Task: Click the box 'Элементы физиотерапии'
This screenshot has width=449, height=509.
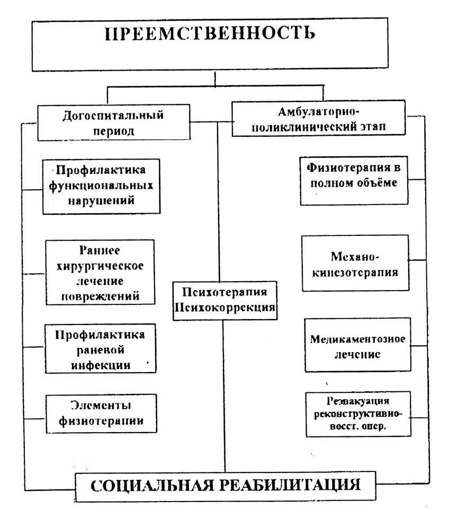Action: [x=101, y=414]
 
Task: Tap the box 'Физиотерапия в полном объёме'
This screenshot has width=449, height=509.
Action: [x=354, y=180]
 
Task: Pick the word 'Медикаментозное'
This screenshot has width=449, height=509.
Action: [x=357, y=338]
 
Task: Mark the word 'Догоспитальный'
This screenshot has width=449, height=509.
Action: [x=113, y=115]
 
